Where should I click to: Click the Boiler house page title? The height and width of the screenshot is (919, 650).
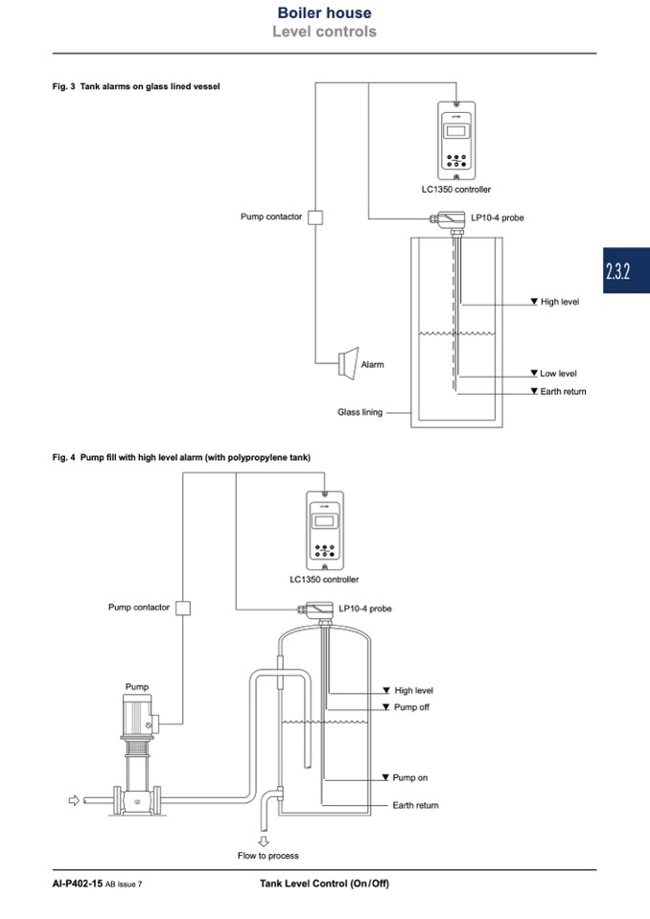pyautogui.click(x=324, y=12)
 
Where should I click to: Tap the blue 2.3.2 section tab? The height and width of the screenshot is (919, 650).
pyautogui.click(x=626, y=270)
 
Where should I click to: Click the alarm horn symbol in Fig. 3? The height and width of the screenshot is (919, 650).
pyautogui.click(x=348, y=363)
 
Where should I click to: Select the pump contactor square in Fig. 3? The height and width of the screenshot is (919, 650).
pyautogui.click(x=315, y=218)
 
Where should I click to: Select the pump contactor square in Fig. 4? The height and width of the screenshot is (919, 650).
pyautogui.click(x=183, y=608)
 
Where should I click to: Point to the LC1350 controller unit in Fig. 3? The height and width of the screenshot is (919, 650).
pyautogui.click(x=456, y=141)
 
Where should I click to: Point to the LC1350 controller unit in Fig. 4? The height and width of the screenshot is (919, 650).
pyautogui.click(x=325, y=531)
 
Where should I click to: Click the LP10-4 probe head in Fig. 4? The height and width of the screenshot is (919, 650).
pyautogui.click(x=319, y=609)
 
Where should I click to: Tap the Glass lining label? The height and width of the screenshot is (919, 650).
pyautogui.click(x=360, y=412)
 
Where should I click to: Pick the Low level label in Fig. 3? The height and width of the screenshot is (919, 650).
pyautogui.click(x=558, y=374)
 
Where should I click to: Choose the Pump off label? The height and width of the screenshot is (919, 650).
pyautogui.click(x=411, y=707)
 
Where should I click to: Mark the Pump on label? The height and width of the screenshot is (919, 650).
pyautogui.click(x=409, y=778)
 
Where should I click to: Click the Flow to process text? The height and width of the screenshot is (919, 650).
pyautogui.click(x=267, y=856)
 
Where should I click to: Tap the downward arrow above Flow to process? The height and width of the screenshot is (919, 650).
pyautogui.click(x=264, y=841)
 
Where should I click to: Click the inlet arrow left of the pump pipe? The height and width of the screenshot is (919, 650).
pyautogui.click(x=74, y=800)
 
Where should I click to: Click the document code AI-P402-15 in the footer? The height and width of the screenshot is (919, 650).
pyautogui.click(x=78, y=884)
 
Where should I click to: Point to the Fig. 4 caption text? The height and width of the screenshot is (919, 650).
pyautogui.click(x=181, y=457)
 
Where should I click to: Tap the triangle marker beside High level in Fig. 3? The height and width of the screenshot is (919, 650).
pyautogui.click(x=534, y=301)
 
